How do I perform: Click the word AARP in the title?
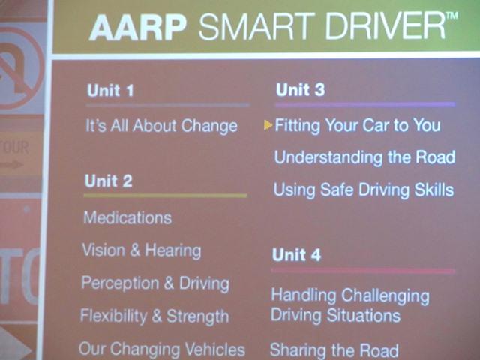tap(138, 27)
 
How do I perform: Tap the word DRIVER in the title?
tap(385, 26)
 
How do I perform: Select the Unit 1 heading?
tap(110, 90)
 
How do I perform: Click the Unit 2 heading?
tap(108, 181)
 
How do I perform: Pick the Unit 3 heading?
tap(300, 90)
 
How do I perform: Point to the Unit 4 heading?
tap(297, 255)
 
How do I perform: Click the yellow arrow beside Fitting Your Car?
tap(268, 125)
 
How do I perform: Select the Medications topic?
tap(127, 217)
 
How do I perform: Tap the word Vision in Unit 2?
tap(103, 250)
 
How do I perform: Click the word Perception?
tap(120, 283)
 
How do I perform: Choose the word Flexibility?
tap(113, 316)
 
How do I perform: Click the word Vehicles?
tap(215, 349)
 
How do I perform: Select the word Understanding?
tap(328, 157)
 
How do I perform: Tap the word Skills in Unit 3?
tap(434, 190)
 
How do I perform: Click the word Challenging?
tap(385, 296)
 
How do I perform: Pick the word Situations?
tap(363, 315)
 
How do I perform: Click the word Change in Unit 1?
tap(209, 127)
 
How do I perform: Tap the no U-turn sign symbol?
tap(19, 68)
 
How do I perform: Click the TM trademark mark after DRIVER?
tap(452, 16)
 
